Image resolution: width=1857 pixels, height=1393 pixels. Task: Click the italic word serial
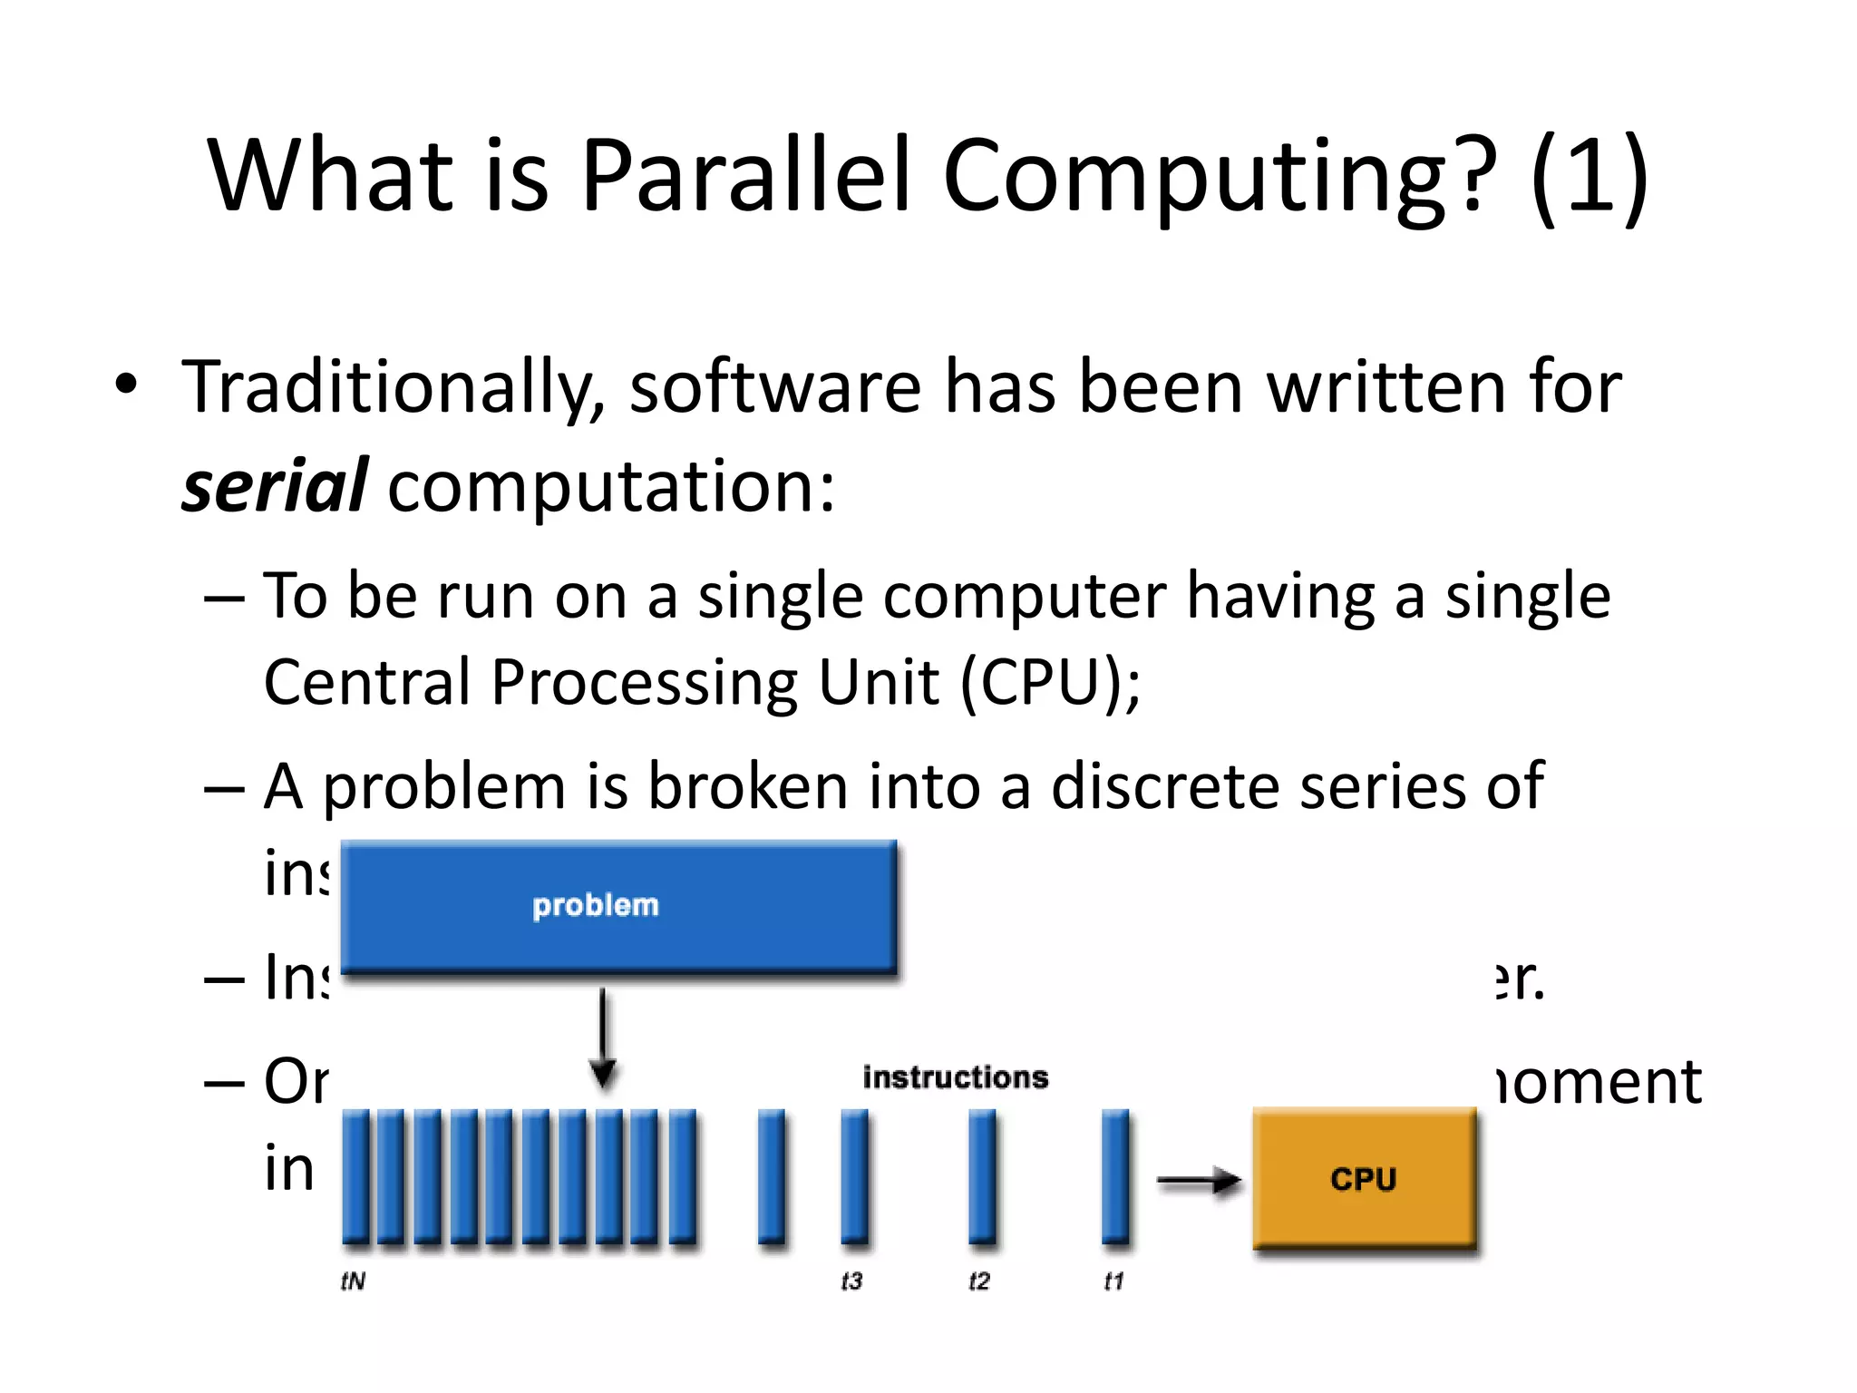[274, 486]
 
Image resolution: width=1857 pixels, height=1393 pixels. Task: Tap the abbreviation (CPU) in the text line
[1043, 682]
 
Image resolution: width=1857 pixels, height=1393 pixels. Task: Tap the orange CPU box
[1364, 1178]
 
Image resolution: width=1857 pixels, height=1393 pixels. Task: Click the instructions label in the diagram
[955, 1077]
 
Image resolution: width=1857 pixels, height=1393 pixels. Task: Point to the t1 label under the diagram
[1113, 1281]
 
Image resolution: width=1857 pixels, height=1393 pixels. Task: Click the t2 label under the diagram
[979, 1281]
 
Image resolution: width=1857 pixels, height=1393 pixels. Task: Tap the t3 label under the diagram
[851, 1281]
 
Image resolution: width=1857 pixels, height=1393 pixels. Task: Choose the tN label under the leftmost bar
[353, 1281]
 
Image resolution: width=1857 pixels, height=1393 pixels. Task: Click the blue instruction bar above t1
[1115, 1176]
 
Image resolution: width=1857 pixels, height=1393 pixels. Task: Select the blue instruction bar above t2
[982, 1176]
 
